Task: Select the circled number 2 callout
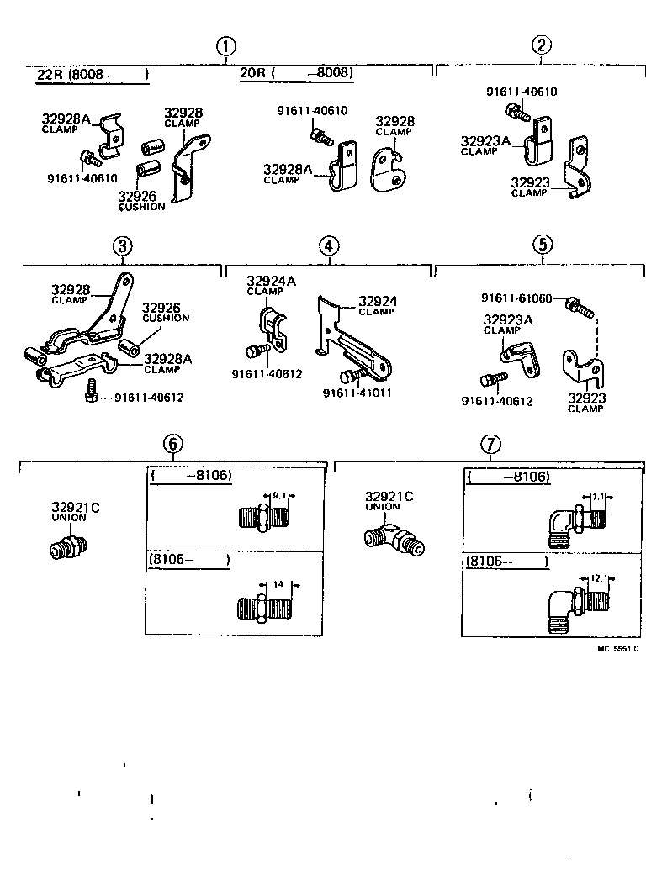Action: point(542,46)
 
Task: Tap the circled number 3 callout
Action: point(122,245)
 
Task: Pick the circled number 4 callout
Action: point(329,245)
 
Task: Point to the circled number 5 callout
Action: point(543,245)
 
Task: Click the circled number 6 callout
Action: point(172,445)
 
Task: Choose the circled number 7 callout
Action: point(490,445)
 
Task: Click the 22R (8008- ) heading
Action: point(92,74)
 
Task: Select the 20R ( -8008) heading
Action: point(296,73)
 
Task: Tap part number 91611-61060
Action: point(516,298)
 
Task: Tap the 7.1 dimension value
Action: point(598,498)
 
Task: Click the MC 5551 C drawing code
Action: point(618,649)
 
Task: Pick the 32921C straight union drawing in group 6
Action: point(64,550)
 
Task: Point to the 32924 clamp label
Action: point(377,302)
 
